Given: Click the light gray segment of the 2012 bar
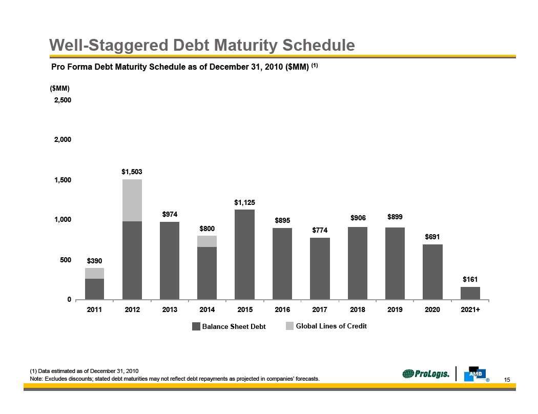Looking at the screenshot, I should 132,200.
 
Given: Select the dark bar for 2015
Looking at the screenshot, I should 244,254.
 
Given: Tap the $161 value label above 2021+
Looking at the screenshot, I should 470,280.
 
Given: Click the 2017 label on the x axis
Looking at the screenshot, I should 320,310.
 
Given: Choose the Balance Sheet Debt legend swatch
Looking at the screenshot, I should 196,326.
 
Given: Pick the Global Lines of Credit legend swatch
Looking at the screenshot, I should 289,326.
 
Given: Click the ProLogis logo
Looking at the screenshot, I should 426,375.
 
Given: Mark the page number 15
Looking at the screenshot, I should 508,380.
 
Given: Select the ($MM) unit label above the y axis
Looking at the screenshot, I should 59,89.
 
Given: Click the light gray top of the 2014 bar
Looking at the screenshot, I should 207,241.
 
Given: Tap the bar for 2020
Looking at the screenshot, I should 432,272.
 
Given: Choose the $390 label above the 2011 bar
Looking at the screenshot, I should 94,261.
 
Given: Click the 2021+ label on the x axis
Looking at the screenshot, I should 470,310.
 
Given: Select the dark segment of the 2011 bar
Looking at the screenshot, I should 94,289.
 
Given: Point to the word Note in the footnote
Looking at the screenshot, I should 36,379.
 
